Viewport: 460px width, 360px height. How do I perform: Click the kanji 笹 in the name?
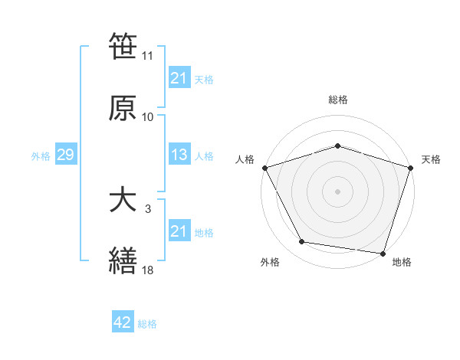click(123, 47)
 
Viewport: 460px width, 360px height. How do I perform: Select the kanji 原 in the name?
click(123, 107)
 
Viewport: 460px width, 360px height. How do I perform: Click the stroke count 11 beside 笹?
click(148, 56)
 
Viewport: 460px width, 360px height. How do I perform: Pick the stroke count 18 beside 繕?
click(148, 270)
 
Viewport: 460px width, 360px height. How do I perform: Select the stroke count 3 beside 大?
click(148, 208)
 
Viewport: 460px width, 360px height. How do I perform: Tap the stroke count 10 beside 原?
click(148, 117)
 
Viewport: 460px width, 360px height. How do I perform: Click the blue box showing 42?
click(123, 323)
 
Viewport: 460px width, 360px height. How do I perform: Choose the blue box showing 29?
click(65, 155)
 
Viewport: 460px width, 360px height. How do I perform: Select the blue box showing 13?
click(179, 155)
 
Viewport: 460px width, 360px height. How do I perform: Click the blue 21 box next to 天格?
click(179, 78)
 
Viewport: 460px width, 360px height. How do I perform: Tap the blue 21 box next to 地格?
click(179, 232)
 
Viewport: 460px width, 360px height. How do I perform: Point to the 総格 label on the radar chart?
click(337, 100)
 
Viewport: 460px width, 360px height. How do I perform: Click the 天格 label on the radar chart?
click(431, 159)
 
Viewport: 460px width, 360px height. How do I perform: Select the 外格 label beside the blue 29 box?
click(41, 156)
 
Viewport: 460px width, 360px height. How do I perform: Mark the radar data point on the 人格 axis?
click(264, 168)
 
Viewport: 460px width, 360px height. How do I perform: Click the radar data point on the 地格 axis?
click(383, 253)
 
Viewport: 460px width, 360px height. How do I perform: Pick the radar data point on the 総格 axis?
click(337, 146)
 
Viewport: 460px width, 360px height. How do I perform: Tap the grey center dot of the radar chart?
click(337, 191)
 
